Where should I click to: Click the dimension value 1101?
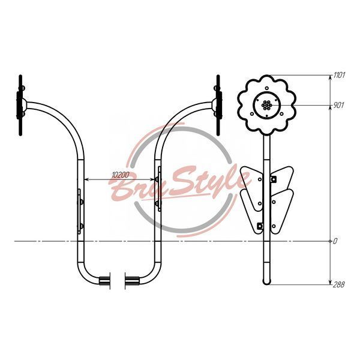339,75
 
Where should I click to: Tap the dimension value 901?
338,105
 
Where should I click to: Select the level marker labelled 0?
335,241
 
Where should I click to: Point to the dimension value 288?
338,284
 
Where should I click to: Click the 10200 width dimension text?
121,175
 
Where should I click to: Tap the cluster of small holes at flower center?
266,105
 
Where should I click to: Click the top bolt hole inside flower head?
266,88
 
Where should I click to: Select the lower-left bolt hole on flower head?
252,113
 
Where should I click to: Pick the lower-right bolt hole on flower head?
281,113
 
